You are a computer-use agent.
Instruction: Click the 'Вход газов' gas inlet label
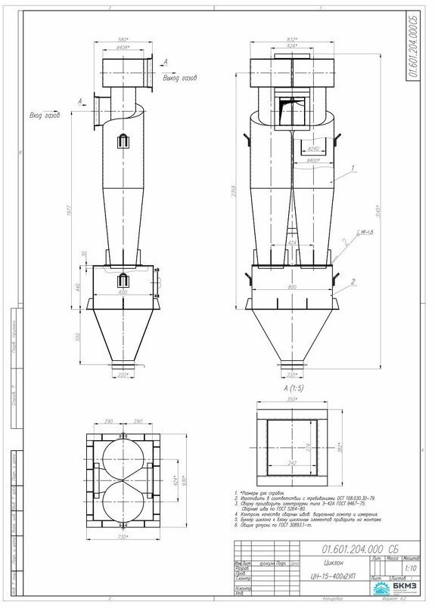pos(45,116)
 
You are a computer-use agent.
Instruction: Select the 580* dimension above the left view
pos(123,40)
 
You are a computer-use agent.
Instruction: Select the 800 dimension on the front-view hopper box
pos(292,286)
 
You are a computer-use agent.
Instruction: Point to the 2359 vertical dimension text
pos(236,195)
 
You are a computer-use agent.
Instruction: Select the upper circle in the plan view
pos(123,455)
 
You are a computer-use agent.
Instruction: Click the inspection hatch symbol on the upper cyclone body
pos(123,140)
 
